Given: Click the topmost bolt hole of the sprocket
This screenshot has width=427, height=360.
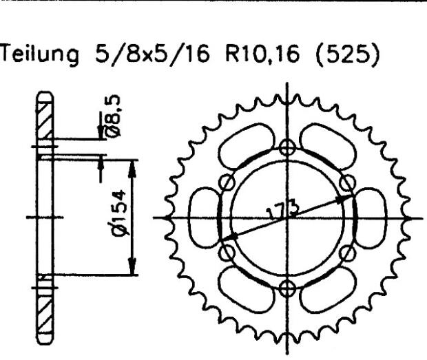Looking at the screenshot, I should [x=289, y=145].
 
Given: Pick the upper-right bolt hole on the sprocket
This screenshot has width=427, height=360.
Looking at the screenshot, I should [x=348, y=181].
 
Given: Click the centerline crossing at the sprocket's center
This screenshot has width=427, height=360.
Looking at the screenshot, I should [x=289, y=218].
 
